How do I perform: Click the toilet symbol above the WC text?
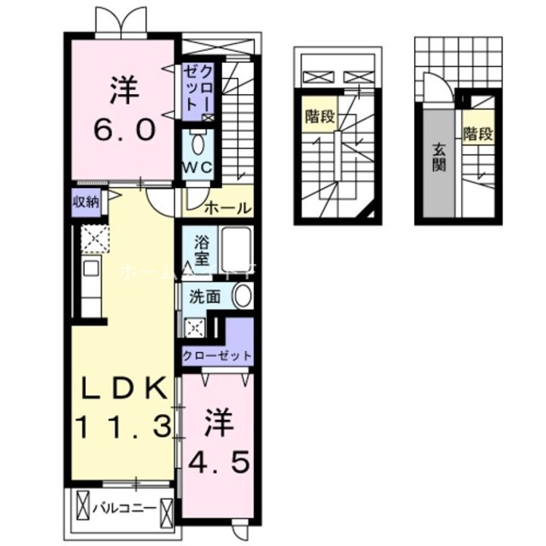tap(199, 143)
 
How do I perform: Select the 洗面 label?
tap(205, 297)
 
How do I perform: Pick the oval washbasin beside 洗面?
tap(242, 297)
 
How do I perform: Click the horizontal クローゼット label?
tap(216, 355)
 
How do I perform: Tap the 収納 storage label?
tap(86, 202)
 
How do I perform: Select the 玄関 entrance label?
tap(438, 156)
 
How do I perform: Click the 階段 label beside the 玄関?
tap(479, 135)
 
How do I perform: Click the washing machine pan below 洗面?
tap(196, 327)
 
